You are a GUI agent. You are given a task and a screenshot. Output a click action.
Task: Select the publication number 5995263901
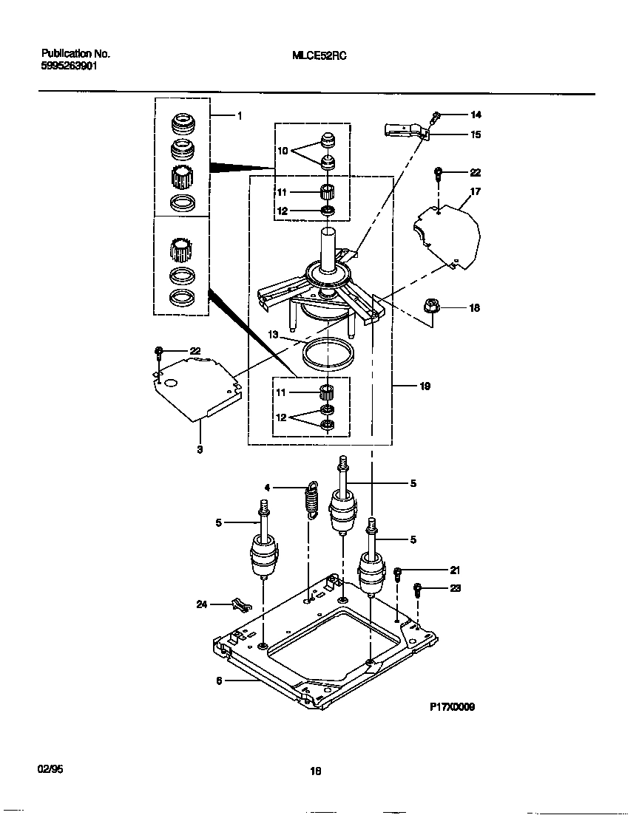[68, 65]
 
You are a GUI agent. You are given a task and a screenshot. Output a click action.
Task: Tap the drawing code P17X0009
[452, 706]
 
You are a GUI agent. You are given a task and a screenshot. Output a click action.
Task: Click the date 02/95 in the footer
[50, 768]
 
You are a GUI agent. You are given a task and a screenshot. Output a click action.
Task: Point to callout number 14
[475, 115]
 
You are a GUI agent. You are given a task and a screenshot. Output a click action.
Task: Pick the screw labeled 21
[398, 572]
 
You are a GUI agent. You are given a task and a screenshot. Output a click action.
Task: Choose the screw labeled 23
[418, 589]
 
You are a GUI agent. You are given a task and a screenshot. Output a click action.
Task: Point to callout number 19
[425, 386]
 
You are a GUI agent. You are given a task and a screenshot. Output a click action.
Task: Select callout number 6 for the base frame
[219, 681]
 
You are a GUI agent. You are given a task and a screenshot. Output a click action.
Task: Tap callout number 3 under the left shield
[200, 449]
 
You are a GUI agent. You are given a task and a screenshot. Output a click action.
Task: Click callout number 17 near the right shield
[475, 191]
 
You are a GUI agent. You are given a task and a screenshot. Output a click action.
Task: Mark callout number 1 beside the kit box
[239, 116]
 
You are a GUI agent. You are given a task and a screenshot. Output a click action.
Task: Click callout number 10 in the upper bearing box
[282, 150]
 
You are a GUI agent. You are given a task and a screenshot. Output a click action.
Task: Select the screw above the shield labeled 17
[439, 174]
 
